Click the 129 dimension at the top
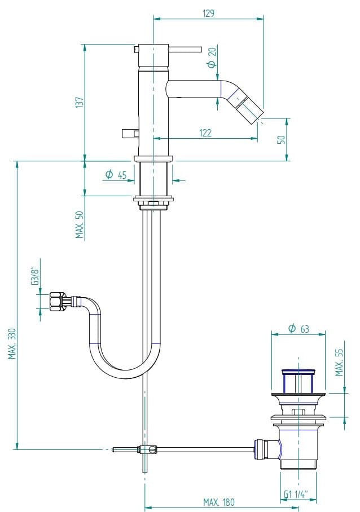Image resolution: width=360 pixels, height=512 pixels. click(x=209, y=13)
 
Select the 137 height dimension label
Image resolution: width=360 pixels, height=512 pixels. click(x=80, y=101)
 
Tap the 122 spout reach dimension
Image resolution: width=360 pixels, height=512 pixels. click(x=205, y=133)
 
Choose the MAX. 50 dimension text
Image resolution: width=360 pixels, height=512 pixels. click(x=80, y=225)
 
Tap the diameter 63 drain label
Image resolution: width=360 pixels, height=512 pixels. click(x=298, y=328)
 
